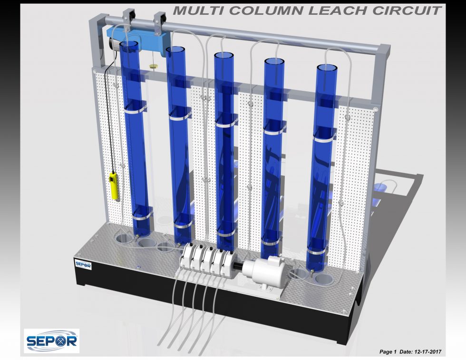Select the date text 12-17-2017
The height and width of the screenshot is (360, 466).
pyautogui.click(x=427, y=351)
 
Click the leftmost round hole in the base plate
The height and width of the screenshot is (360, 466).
pyautogui.click(x=123, y=237)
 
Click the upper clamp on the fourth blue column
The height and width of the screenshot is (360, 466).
pyautogui.click(x=274, y=130)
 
